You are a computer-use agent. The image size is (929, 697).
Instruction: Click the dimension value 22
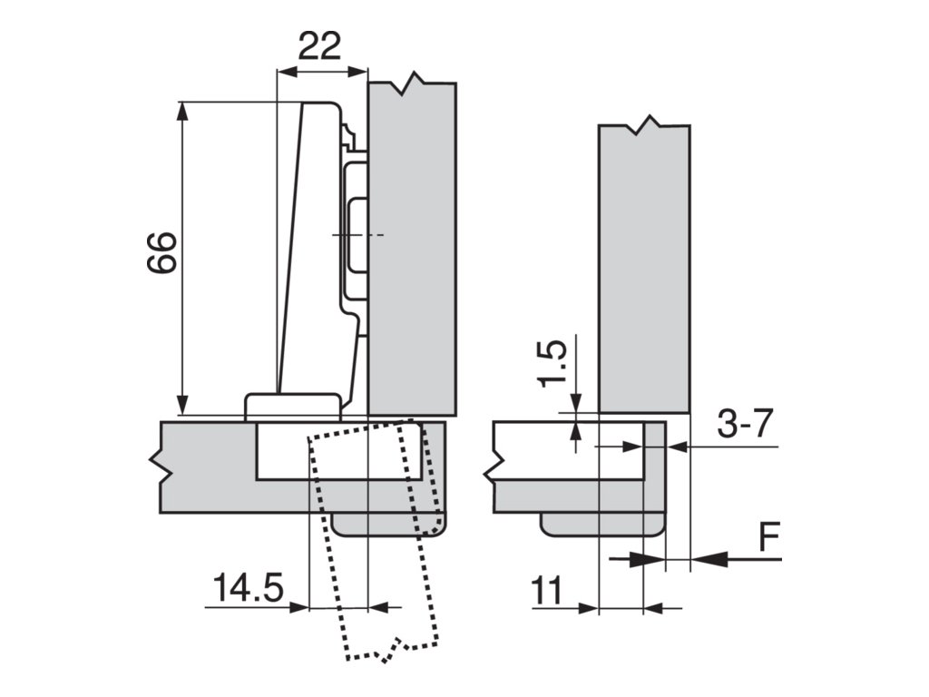tap(320, 46)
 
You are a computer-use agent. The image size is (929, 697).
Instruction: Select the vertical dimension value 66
tap(162, 252)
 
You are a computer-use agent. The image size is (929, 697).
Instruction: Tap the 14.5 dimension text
tap(249, 587)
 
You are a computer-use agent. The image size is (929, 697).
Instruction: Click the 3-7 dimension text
tap(746, 423)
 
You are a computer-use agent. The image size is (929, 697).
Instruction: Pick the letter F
tap(768, 537)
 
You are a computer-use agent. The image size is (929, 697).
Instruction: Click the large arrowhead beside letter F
tap(709, 558)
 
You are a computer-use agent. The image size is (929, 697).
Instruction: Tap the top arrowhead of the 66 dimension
tap(183, 113)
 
